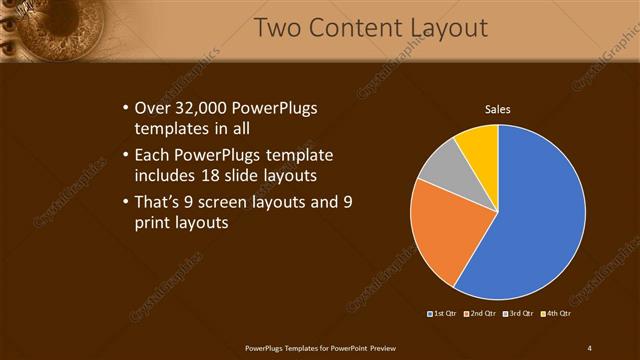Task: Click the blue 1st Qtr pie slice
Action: tap(530, 220)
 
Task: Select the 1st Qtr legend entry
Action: tap(443, 314)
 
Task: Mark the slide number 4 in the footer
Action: tap(590, 347)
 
